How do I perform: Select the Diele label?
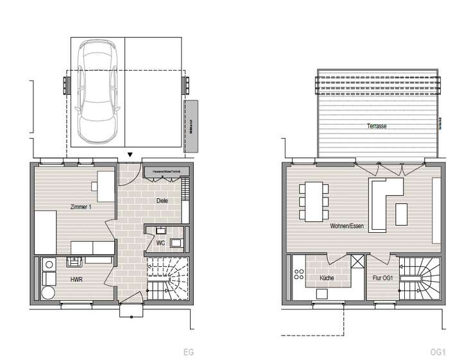click(163, 201)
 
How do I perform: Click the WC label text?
click(161, 243)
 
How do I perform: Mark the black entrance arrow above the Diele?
click(131, 155)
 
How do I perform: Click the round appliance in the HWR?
click(48, 293)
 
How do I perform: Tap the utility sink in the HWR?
click(74, 261)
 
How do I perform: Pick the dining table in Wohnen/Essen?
click(314, 201)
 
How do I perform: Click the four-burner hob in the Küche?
click(299, 275)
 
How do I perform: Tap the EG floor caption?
click(189, 352)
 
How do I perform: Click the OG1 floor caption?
click(439, 352)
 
